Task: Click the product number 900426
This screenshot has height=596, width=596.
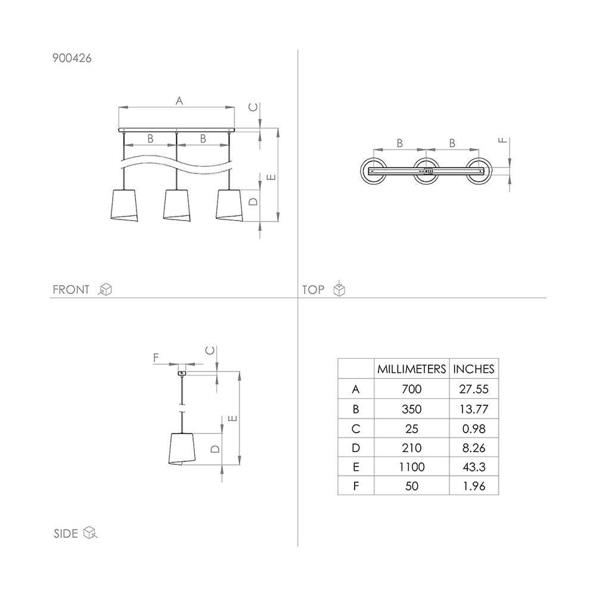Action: point(72,58)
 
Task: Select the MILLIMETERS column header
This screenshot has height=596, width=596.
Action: point(412,369)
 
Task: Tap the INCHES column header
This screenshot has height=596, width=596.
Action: point(474,369)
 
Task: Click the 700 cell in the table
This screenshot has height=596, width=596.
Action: point(412,389)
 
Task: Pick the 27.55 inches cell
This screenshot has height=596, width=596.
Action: point(474,389)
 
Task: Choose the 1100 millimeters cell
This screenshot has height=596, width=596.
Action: point(412,467)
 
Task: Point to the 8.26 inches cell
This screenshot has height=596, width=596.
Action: point(474,448)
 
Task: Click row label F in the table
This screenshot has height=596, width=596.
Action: point(356,486)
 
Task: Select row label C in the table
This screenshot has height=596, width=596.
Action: point(356,429)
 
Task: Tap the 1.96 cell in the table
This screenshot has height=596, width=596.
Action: point(474,486)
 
